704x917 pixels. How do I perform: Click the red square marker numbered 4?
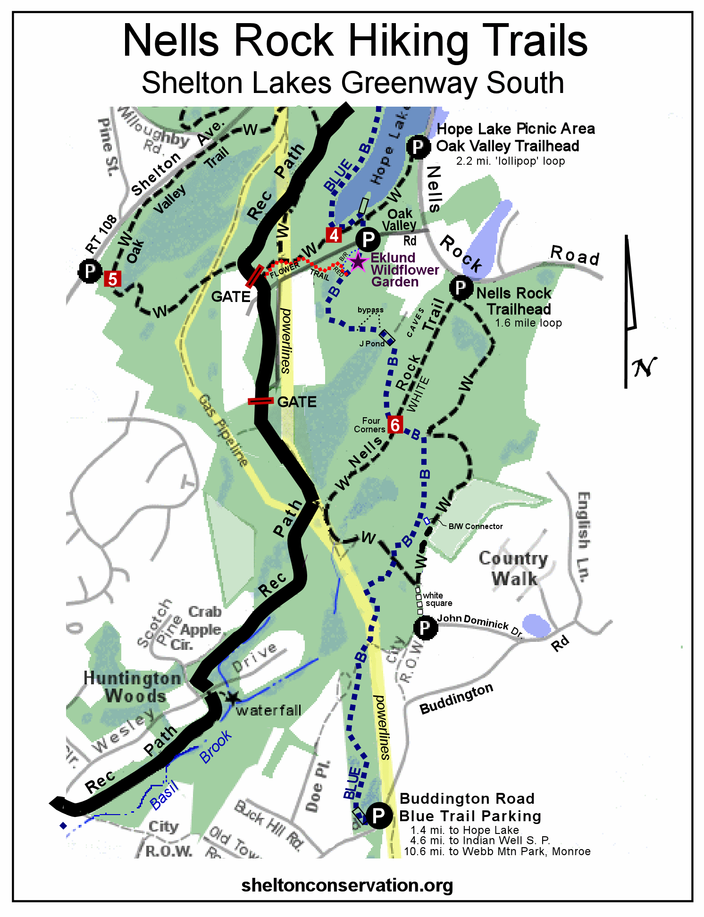[334, 235]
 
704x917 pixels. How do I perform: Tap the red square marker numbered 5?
[112, 279]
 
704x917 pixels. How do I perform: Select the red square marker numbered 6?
[395, 425]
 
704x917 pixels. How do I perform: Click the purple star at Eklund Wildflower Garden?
[358, 261]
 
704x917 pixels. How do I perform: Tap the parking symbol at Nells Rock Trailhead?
[461, 287]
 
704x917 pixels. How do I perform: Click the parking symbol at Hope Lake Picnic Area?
[418, 147]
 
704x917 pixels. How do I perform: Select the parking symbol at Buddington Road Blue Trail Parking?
[378, 815]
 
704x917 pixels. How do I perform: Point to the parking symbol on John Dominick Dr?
[425, 628]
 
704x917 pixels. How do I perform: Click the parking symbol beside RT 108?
[90, 271]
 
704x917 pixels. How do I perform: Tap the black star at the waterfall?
[232, 698]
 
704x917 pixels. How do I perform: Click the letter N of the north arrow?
[644, 367]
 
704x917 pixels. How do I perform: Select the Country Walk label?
[513, 568]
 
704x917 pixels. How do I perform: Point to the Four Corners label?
[370, 425]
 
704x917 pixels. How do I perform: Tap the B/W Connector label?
[475, 526]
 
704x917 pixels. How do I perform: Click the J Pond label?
[372, 344]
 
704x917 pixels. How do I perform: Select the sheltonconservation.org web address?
[347, 885]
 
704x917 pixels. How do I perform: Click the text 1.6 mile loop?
[528, 323]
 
